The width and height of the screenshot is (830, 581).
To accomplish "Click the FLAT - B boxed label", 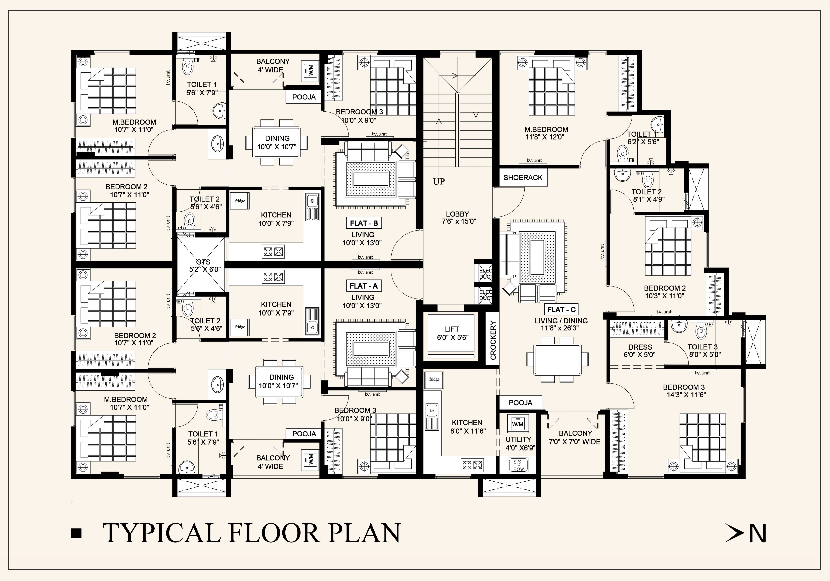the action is (364, 223).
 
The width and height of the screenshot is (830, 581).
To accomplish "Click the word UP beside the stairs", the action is (439, 182).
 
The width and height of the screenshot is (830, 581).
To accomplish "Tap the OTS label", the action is (203, 262).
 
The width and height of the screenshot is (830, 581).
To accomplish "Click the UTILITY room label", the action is (518, 439).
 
